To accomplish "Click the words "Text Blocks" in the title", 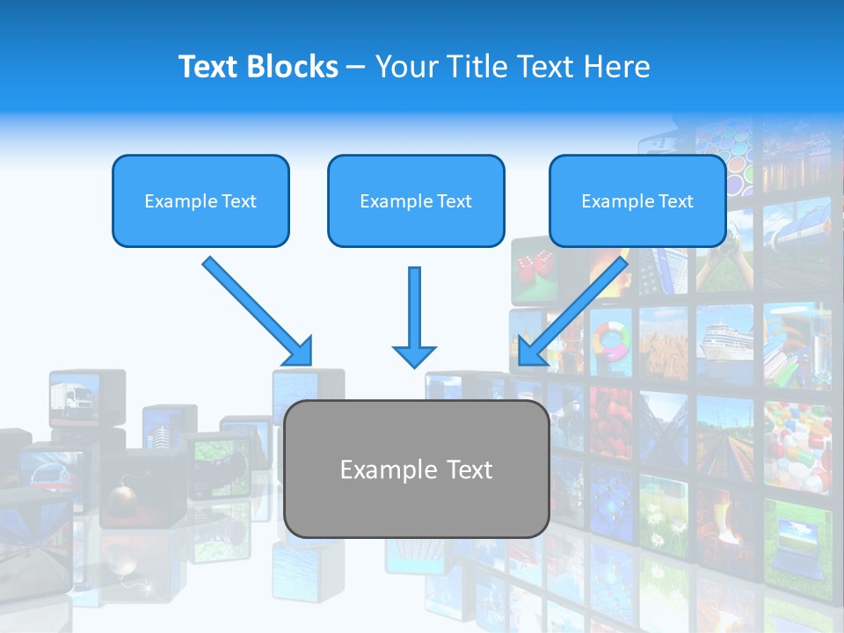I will tap(258, 67).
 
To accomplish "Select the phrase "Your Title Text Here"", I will tap(513, 67).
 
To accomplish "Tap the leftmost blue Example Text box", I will tap(200, 201).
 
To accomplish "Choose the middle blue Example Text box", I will tap(416, 201).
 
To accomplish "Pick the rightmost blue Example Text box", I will tap(637, 201).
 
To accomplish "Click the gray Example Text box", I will tap(416, 469).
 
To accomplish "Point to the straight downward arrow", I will tap(414, 316).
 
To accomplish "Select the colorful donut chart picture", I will tap(610, 338).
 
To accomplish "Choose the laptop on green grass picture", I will tap(797, 536).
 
